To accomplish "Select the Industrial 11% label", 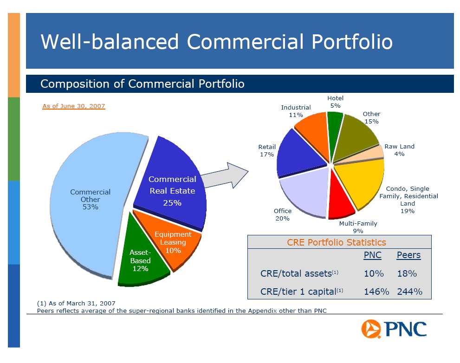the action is point(296,111).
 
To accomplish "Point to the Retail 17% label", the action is point(267,150).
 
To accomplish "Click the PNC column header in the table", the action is point(373,255).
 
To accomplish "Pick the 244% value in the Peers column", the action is point(409,292).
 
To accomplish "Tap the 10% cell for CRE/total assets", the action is point(374,273).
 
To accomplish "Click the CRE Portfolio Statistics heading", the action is point(336,242).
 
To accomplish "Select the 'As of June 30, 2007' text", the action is point(74,106).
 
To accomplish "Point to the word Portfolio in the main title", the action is point(352,42).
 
